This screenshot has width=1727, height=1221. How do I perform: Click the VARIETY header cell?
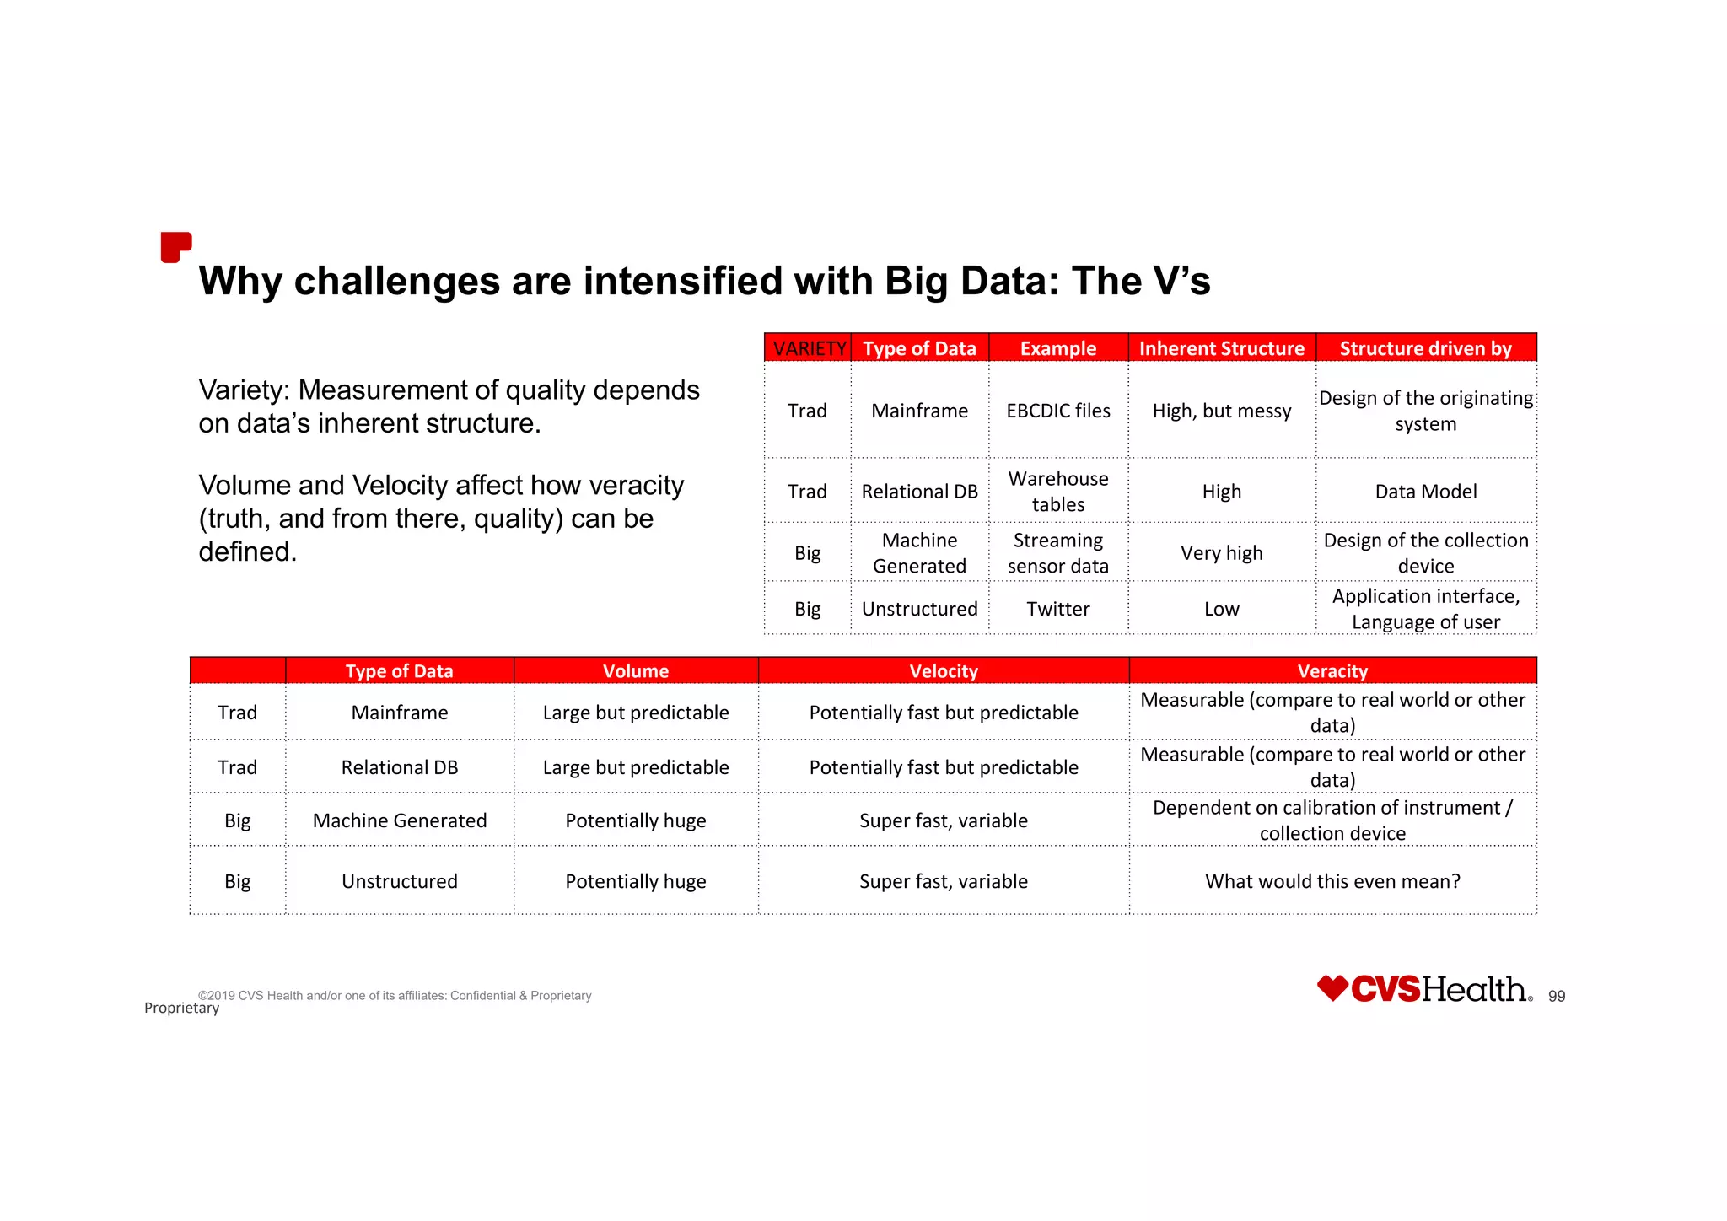[809, 348]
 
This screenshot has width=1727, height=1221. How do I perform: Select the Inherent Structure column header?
[1221, 348]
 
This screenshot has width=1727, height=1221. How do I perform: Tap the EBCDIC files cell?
[1057, 411]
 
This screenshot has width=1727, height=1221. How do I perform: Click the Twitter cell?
[1057, 609]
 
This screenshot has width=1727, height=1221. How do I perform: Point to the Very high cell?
[1221, 553]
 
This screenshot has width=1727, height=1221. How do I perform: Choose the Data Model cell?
[1425, 492]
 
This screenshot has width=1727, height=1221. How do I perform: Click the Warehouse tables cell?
[1057, 492]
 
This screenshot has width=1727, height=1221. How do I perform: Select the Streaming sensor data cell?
[1057, 553]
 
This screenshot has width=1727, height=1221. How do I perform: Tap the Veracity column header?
[1332, 671]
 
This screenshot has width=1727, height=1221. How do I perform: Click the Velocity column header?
[943, 671]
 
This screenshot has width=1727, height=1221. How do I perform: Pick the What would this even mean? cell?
[1332, 881]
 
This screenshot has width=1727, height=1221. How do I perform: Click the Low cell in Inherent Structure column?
[1221, 609]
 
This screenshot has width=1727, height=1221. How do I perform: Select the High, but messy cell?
[1221, 411]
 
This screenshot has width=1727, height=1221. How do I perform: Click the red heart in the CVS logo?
[1332, 987]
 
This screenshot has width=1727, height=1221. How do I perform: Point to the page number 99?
[1556, 997]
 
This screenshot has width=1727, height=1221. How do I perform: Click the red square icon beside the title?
[175, 247]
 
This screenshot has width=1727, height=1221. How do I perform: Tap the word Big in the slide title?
[917, 282]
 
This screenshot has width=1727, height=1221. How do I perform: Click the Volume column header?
[635, 671]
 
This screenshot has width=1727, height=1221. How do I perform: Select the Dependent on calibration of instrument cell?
[1332, 820]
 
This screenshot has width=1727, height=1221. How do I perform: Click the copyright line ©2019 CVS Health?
[395, 996]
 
